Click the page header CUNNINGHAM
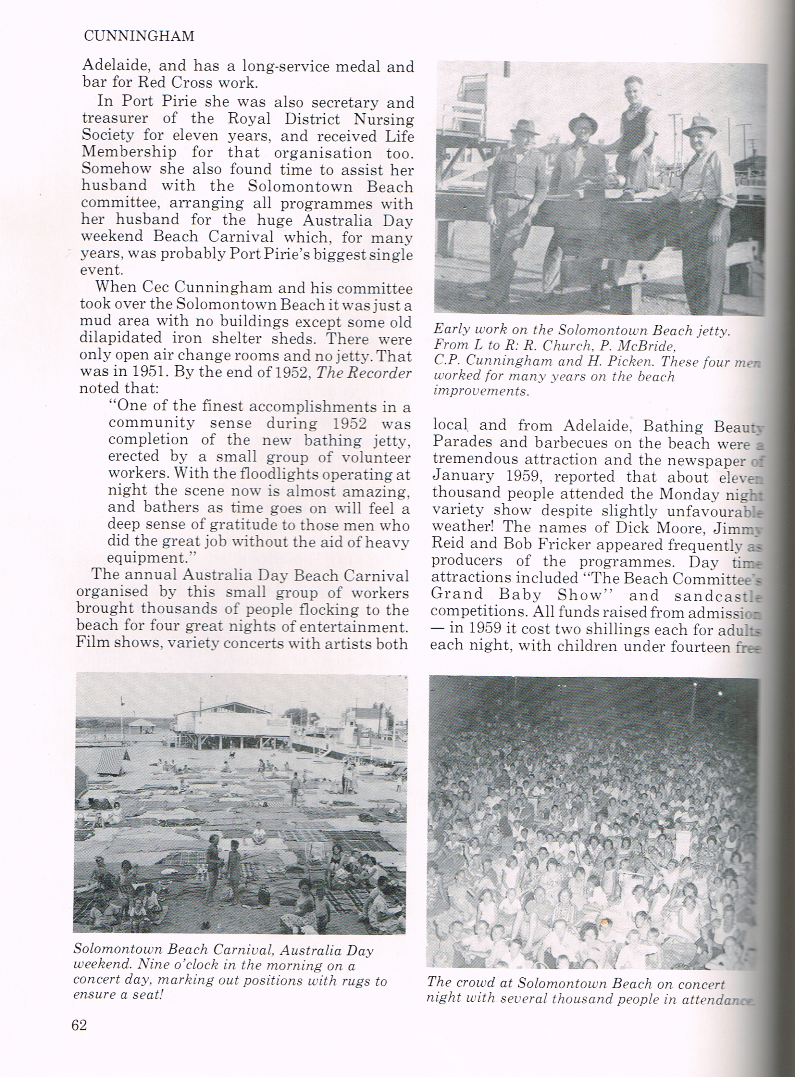click(139, 37)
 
